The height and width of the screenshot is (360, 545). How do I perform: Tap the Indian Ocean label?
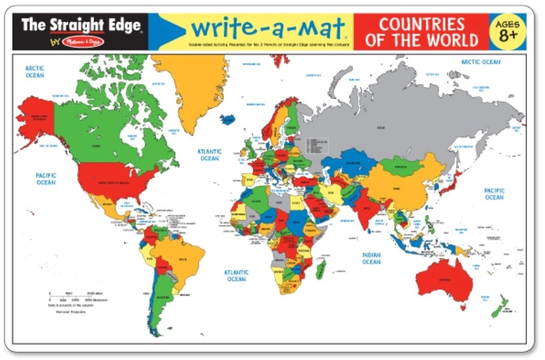click(x=371, y=258)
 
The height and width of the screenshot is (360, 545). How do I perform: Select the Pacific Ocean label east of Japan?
click(x=494, y=193)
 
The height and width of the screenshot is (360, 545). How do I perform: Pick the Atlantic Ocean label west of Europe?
click(x=210, y=155)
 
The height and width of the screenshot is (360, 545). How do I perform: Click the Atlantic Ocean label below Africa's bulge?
click(x=236, y=275)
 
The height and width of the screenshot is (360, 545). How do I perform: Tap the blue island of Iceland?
click(x=228, y=119)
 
